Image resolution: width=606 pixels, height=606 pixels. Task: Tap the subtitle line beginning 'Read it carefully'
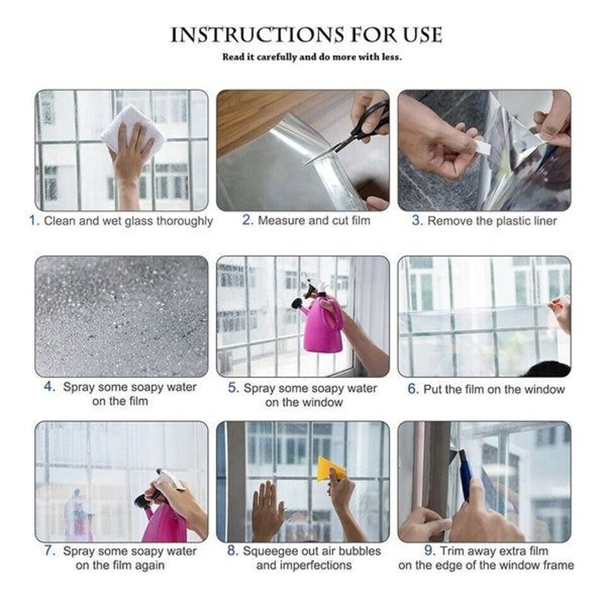pyautogui.click(x=312, y=58)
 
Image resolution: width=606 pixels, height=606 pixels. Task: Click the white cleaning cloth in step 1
pyautogui.click(x=132, y=128)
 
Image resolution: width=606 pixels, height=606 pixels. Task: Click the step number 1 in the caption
pyautogui.click(x=33, y=221)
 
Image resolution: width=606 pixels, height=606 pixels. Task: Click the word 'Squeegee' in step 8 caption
pyautogui.click(x=270, y=551)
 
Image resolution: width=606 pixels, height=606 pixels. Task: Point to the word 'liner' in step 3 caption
pyautogui.click(x=542, y=221)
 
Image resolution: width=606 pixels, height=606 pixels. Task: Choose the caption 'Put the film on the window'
pyautogui.click(x=494, y=390)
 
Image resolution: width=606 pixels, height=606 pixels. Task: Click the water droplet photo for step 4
pyautogui.click(x=121, y=316)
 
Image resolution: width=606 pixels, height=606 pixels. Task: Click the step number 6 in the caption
pyautogui.click(x=413, y=390)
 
